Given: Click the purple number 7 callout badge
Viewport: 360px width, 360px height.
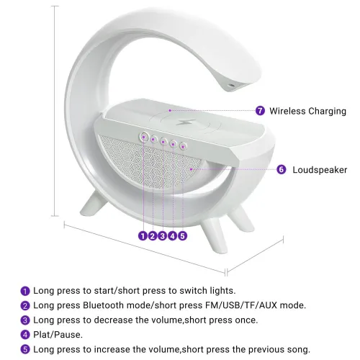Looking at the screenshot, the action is click(260, 111).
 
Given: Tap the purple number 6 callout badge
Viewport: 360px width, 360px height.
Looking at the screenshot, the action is click(282, 169).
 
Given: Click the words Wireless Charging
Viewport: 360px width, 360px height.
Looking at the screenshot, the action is click(307, 111).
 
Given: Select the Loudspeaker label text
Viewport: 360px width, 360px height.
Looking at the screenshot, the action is click(320, 170).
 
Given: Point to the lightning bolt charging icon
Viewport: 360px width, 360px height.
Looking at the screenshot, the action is click(186, 122).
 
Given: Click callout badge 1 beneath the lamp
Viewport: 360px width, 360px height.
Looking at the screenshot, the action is click(143, 236).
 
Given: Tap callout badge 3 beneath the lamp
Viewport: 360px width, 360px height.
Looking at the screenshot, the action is click(163, 236).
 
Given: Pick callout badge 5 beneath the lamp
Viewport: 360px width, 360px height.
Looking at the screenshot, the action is click(182, 236).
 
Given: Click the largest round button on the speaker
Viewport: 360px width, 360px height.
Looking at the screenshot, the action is click(144, 137).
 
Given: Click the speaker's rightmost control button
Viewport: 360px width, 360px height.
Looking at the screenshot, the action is click(183, 145).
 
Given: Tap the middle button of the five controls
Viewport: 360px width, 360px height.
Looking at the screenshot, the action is click(163, 141).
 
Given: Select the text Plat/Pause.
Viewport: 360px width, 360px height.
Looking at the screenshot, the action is click(58, 335).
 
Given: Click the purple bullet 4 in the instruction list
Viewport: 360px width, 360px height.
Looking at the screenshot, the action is click(25, 335).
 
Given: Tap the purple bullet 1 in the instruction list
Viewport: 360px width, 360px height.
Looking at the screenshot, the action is click(25, 291).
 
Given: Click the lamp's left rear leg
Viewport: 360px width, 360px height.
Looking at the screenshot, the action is click(94, 204).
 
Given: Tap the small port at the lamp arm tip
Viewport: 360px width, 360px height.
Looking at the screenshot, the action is click(231, 85).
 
